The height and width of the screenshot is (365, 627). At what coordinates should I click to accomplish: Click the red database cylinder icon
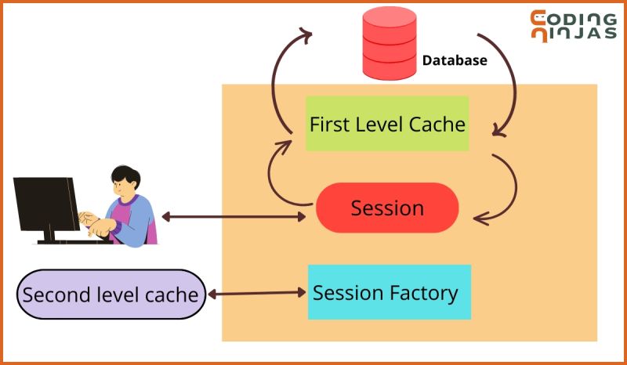tap(389, 42)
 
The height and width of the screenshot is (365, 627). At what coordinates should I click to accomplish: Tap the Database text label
tap(455, 60)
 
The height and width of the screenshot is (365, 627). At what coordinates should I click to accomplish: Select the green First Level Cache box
tap(387, 124)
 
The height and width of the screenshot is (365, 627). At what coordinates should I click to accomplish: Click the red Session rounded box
tap(387, 208)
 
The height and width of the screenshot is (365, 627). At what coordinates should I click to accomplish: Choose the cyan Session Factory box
tap(389, 292)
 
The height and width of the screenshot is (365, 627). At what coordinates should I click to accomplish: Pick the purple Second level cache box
tap(111, 295)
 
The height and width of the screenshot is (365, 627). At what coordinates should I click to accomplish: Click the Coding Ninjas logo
tap(572, 26)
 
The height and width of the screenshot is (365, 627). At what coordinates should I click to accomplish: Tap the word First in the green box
tap(328, 124)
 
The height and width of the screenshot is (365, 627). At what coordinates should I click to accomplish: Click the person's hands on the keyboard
tap(96, 222)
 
